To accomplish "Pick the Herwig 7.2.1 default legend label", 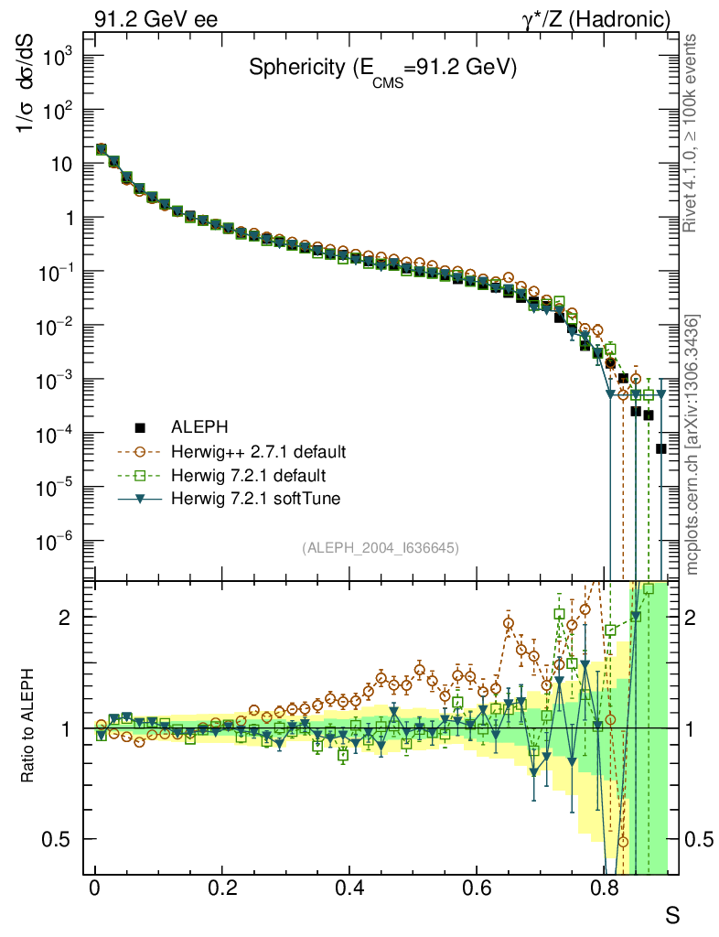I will (248, 476).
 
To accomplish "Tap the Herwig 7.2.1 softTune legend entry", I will (252, 500).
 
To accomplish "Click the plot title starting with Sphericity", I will (383, 69).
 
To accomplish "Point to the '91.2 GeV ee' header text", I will (156, 18).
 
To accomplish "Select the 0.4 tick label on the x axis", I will (349, 888).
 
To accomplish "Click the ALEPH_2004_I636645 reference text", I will (380, 547).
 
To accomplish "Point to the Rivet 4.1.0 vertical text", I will (692, 133).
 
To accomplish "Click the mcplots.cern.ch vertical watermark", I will (692, 444).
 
